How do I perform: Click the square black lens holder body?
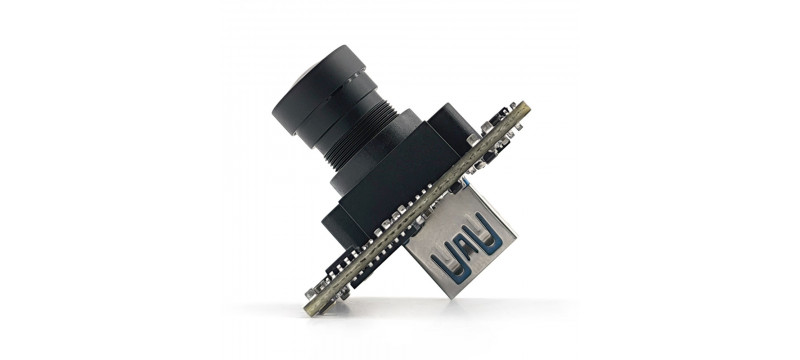pos(390,190)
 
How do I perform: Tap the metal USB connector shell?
pos(465,245)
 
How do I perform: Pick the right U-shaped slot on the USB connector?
pos(490,238)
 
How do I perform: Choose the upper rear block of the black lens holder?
pos(455,125)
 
